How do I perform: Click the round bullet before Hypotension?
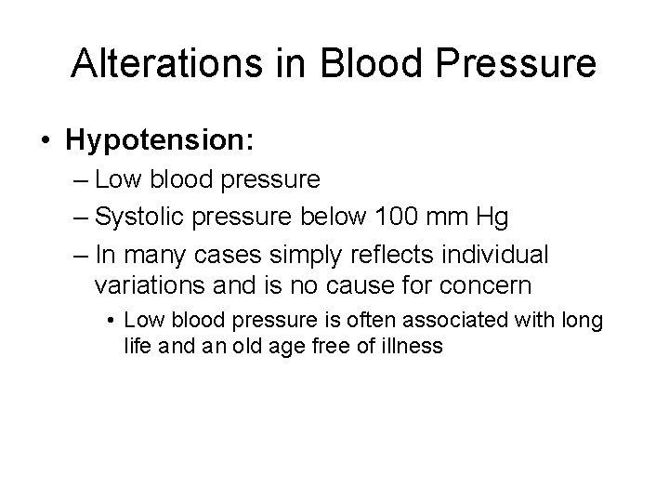tap(46, 141)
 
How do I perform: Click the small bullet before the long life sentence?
tap(111, 321)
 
